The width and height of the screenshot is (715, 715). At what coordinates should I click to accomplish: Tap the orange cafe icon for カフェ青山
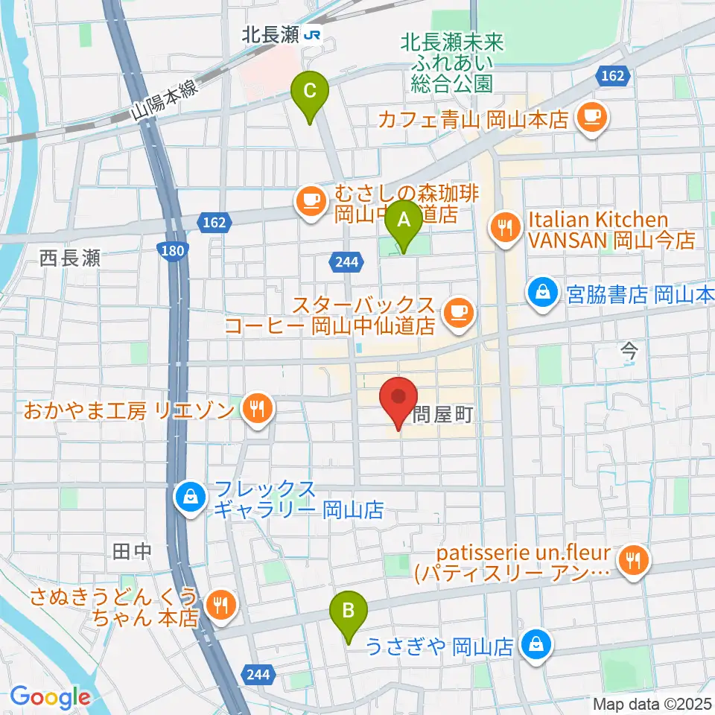click(x=592, y=118)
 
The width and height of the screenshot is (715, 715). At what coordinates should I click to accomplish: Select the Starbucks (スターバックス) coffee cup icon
click(x=457, y=313)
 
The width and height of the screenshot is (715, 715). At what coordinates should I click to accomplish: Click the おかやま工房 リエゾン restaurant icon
click(x=257, y=409)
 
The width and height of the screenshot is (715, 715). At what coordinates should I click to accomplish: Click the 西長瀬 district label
click(x=70, y=259)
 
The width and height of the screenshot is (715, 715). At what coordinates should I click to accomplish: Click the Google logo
click(x=51, y=696)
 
